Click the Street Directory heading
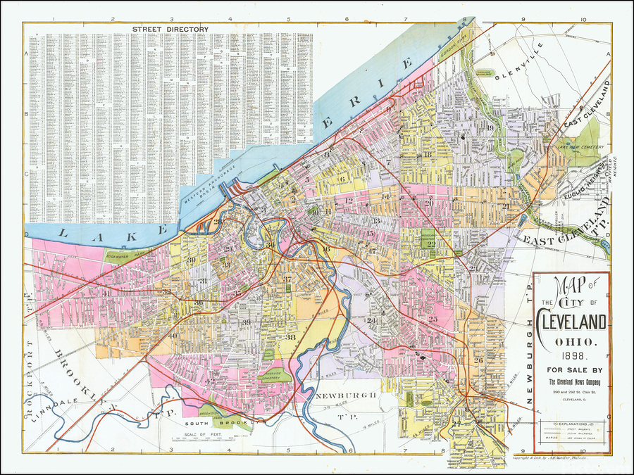click(170, 29)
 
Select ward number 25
click(433, 319)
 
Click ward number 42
click(209, 381)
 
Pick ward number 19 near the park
click(489, 127)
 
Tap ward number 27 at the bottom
click(456, 424)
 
